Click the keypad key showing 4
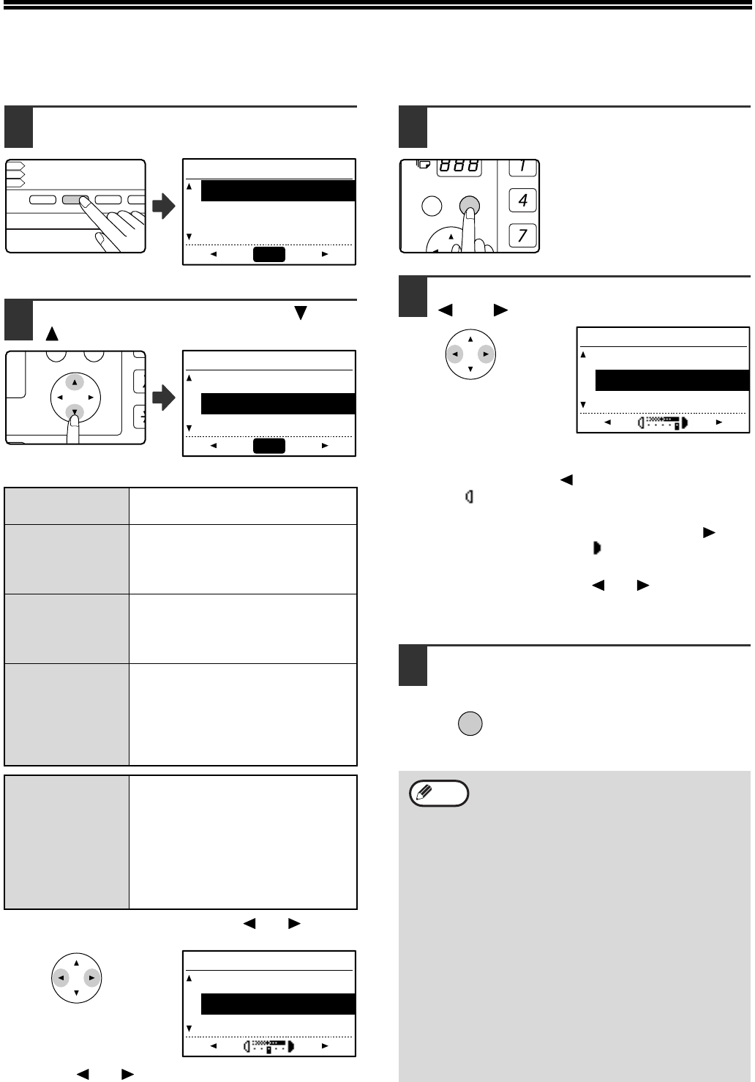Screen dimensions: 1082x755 tap(523, 200)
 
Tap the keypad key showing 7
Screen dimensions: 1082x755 tap(523, 236)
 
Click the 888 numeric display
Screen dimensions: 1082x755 tap(459, 167)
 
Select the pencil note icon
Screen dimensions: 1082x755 tap(440, 794)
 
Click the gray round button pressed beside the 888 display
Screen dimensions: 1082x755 tap(469, 206)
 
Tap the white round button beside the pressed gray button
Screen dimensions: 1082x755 tap(432, 206)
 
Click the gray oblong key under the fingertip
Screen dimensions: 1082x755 tap(75, 199)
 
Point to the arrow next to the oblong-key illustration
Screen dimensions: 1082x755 tap(164, 207)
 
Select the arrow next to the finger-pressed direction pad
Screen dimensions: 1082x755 tap(164, 399)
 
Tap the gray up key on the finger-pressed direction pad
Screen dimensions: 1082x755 tap(75, 383)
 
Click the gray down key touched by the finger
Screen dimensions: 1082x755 tap(75, 412)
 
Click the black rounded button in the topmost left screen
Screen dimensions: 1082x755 tap(269, 254)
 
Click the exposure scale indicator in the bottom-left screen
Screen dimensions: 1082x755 tap(268, 1046)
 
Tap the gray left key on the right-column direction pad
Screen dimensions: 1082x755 tap(455, 354)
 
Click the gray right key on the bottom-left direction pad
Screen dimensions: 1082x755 tap(91, 977)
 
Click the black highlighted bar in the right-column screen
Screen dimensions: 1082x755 tap(672, 381)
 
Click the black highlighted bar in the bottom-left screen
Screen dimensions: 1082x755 tap(278, 1004)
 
